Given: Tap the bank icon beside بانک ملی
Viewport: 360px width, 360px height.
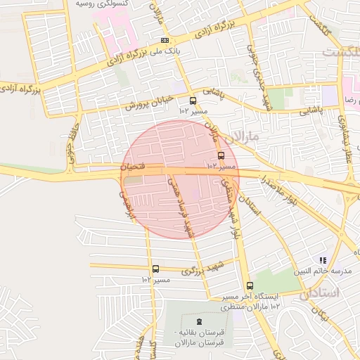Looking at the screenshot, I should point(165,40).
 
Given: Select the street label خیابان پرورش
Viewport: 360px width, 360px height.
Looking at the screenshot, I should point(149,102).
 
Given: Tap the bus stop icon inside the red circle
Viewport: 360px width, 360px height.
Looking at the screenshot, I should point(221,155).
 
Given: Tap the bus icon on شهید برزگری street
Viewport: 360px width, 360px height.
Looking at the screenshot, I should point(155,269).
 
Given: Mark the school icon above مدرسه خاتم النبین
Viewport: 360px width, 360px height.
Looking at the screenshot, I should point(323,260).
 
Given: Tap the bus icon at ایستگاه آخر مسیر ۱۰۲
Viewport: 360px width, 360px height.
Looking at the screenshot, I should point(250,285).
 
